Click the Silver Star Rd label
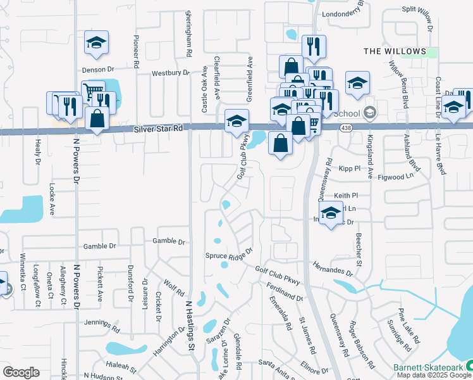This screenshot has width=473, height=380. [x=158, y=129]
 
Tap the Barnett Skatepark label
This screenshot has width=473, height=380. [x=432, y=366]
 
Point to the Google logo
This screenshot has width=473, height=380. [x=21, y=372]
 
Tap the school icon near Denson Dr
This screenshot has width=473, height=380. [x=96, y=43]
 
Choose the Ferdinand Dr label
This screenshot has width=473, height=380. [x=286, y=293]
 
